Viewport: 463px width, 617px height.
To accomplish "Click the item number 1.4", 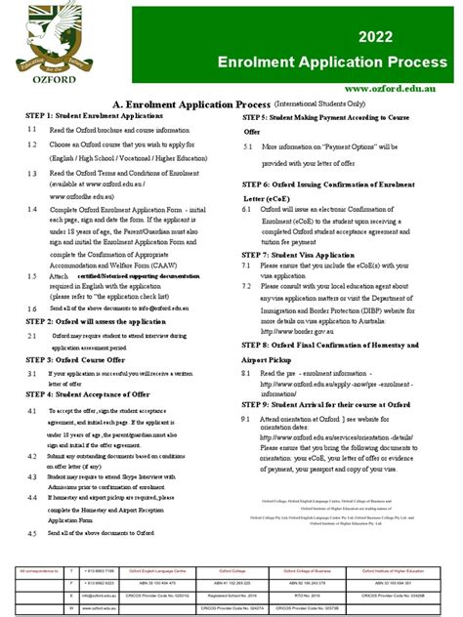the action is pos(32,209).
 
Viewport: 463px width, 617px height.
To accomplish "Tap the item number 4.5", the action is pos(32,533).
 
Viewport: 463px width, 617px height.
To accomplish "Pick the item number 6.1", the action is pos(248,209).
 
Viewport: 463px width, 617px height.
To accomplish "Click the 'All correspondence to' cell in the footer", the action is pos(35,569).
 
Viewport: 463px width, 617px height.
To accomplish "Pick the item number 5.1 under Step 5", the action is pos(248,146).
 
